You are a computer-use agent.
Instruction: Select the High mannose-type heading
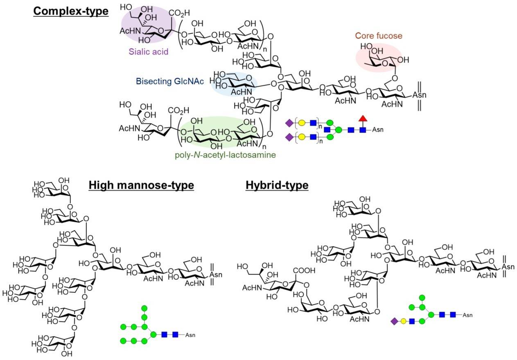pos(141,186)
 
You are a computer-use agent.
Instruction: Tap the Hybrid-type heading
pos(277,186)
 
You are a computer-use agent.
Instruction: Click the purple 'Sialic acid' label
pos(149,52)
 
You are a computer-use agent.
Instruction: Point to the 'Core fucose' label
pos(378,36)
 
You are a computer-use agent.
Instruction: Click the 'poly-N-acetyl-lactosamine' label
pos(219,155)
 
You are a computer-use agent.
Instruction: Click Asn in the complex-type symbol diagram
pos(379,130)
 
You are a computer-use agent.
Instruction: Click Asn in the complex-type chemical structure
pos(414,94)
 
